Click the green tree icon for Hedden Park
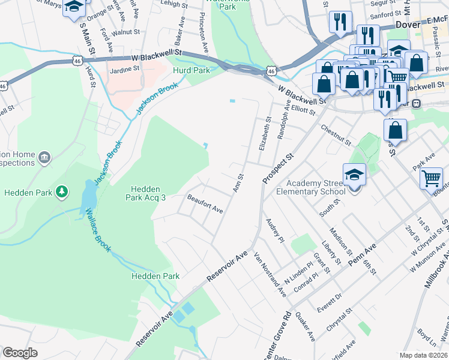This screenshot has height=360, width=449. [61, 192]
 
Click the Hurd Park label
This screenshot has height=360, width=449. [191, 71]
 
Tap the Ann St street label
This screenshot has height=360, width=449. [238, 183]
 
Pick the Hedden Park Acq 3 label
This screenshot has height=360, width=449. [145, 192]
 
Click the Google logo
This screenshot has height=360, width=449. [20, 353]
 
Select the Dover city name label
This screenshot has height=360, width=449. [408, 25]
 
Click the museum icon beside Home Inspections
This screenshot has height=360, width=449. [44, 158]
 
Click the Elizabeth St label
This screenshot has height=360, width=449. [265, 137]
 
